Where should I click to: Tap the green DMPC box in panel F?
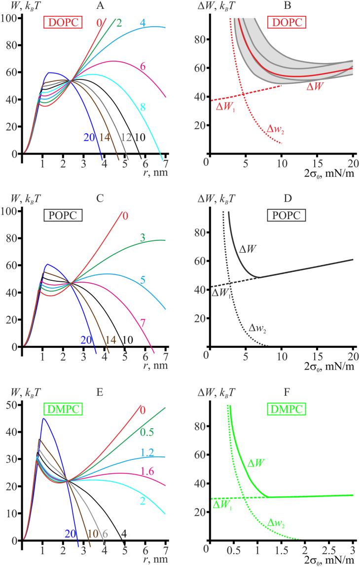[288, 409]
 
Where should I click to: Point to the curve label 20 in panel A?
[89, 137]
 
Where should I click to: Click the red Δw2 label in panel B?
[276, 130]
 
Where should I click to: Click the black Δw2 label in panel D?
[258, 328]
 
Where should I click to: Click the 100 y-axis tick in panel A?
[10, 18]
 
